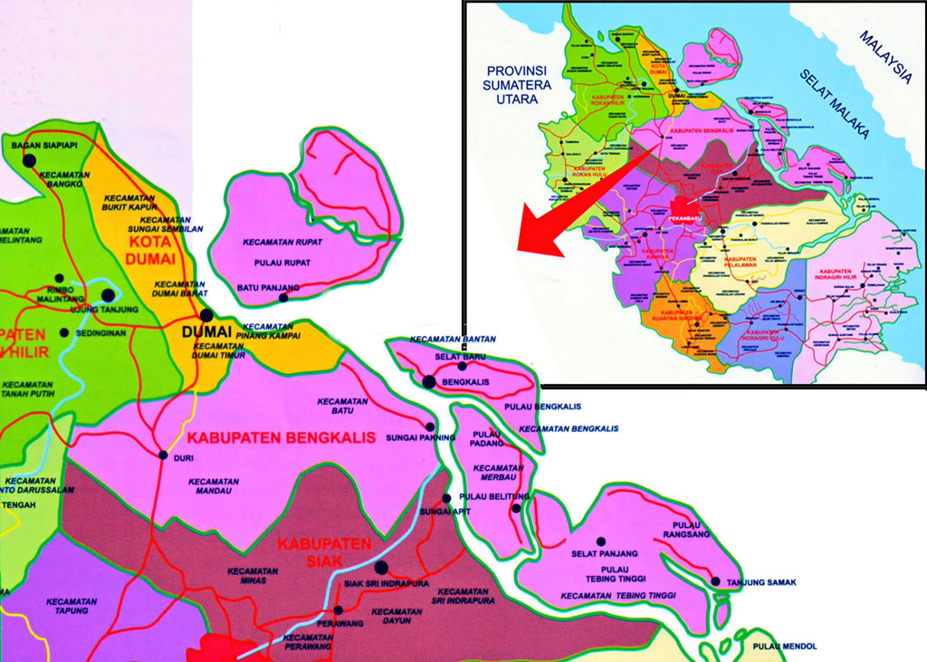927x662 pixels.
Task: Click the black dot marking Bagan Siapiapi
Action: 29,160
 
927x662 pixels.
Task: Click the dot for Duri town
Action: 163,455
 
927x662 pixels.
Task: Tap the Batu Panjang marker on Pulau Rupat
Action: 283,297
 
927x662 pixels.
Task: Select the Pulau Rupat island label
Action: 282,263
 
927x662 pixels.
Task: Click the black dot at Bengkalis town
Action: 429,382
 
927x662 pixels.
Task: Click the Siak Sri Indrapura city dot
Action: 381,568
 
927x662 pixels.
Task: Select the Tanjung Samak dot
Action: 716,581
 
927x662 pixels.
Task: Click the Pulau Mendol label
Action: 784,647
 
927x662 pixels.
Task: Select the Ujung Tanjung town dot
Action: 108,295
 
